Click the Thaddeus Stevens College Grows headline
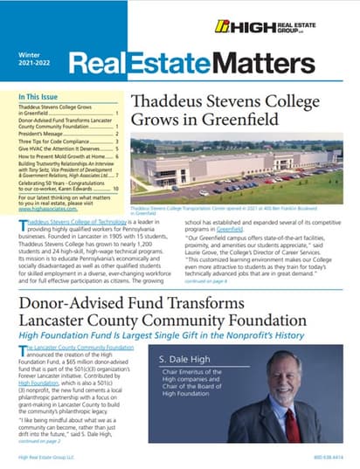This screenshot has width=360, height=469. [225, 108]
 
